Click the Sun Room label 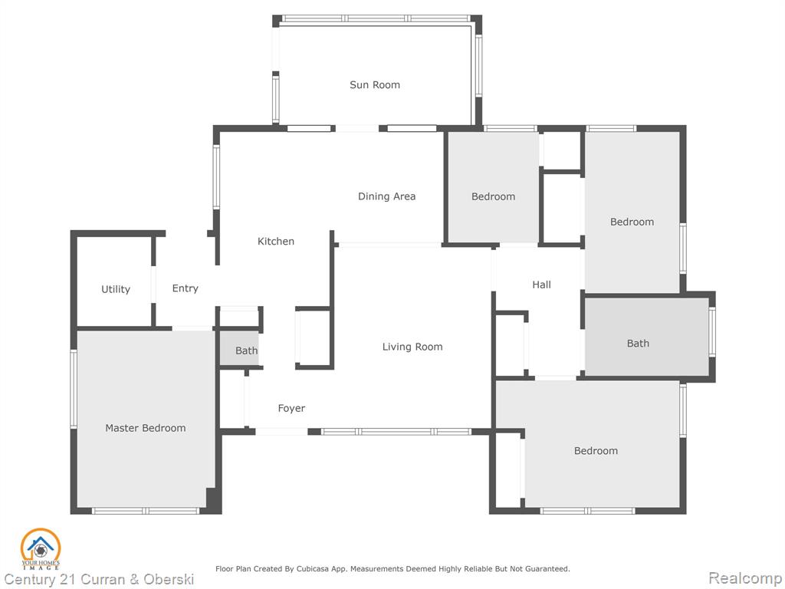click(374, 85)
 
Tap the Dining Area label click(386, 196)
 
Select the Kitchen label click(275, 242)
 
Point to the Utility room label click(116, 289)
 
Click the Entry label click(186, 288)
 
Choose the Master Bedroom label click(145, 428)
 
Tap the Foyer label click(291, 409)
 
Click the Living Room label click(412, 347)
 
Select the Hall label click(541, 285)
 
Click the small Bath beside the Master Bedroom click(246, 350)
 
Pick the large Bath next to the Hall click(638, 344)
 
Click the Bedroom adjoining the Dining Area click(493, 197)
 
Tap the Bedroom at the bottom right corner click(596, 451)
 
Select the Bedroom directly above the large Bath click(632, 222)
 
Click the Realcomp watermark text click(745, 578)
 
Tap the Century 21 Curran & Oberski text click(99, 580)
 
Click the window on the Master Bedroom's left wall click(74, 389)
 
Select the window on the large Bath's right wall click(712, 332)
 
